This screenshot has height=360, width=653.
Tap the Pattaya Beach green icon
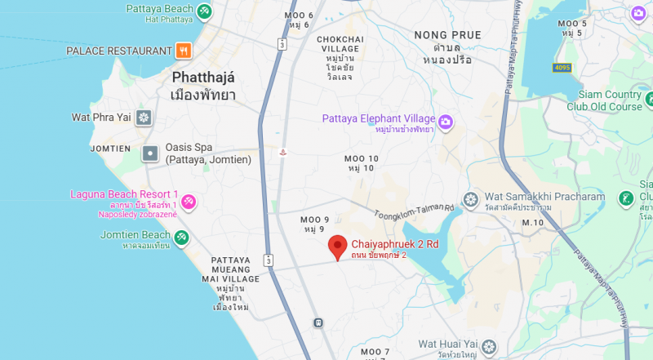(204, 12)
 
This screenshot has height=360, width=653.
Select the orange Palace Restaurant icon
(184, 51)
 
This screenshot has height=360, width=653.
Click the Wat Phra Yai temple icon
(144, 118)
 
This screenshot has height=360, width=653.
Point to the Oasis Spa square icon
(150, 153)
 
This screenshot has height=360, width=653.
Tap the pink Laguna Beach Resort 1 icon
(188, 201)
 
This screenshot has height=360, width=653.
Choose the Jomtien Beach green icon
(181, 238)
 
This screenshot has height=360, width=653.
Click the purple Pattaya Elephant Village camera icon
(446, 122)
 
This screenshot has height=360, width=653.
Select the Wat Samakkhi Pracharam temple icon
(470, 198)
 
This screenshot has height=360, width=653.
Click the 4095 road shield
(561, 67)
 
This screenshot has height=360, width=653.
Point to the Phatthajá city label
(203, 78)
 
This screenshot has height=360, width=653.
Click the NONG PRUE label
(447, 35)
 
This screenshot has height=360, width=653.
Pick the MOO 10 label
(361, 158)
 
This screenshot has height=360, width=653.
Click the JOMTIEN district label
(110, 149)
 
